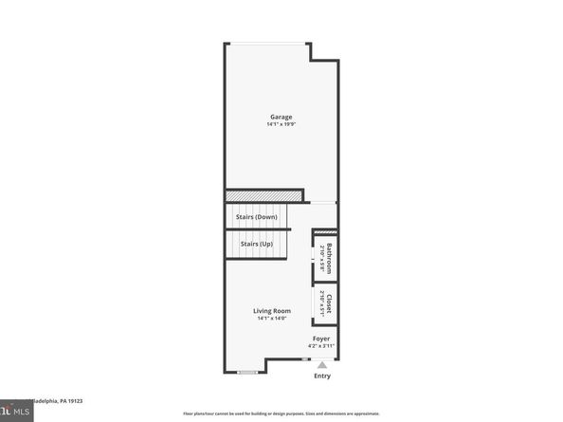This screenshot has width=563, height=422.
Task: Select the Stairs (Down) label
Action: (x=256, y=217)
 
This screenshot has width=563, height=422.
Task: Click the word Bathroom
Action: (x=329, y=259)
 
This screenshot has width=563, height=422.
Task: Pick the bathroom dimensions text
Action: (x=322, y=259)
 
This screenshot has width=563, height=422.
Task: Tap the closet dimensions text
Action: (x=322, y=303)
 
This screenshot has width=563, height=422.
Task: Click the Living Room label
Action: (x=271, y=311)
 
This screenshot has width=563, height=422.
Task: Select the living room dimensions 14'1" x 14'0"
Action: (x=271, y=319)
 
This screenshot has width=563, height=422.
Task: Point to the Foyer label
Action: (x=320, y=339)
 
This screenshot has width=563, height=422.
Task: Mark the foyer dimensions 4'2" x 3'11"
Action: (x=320, y=346)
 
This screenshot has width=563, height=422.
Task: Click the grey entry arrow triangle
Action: (x=322, y=363)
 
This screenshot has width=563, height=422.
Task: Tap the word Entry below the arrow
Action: (x=322, y=376)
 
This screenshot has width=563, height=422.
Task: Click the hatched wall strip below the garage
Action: (x=263, y=195)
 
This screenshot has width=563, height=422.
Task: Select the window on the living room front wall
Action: (x=247, y=372)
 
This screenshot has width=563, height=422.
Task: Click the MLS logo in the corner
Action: (x=13, y=413)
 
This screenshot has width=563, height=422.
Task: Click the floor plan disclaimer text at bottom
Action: (x=281, y=413)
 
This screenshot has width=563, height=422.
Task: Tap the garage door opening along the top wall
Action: (x=267, y=43)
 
